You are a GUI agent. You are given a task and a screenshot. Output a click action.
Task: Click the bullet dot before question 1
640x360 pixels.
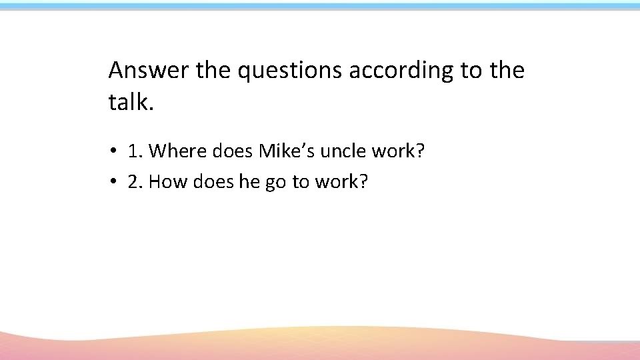tap(115, 152)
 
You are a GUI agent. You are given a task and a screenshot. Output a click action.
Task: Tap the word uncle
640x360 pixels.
tap(343, 151)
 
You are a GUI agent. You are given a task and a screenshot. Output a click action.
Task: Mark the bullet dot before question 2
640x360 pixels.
tap(115, 181)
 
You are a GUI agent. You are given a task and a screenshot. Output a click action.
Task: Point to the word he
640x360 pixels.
tap(249, 181)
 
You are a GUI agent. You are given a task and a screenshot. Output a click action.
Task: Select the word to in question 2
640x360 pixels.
tap(299, 181)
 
